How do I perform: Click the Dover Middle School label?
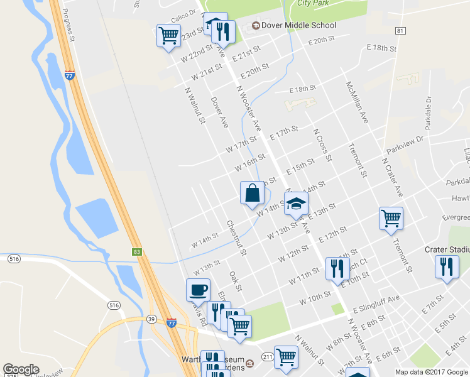299,26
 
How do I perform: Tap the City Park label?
313,3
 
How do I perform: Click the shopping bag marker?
252,193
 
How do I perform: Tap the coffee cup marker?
198,290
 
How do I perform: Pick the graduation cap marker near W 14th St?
297,204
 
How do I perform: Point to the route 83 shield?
137,252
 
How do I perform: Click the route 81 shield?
401,30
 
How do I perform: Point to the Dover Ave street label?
219,112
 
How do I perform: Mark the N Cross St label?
322,144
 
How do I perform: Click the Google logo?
21,369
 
